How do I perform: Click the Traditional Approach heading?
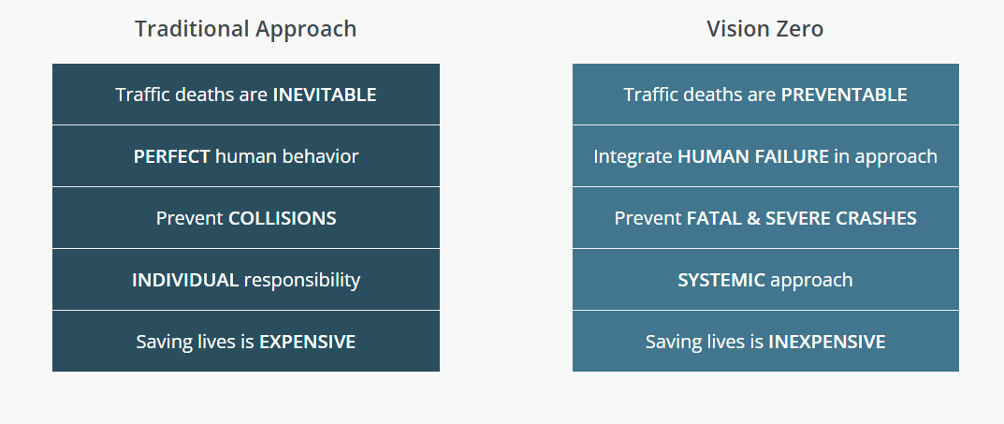pos(245,29)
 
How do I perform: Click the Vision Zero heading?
pos(765,29)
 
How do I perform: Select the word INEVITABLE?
pos(325,95)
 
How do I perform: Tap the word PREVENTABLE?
pos(844,95)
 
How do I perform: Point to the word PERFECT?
pos(171,156)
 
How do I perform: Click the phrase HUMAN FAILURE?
pos(753,156)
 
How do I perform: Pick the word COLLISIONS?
pos(283,218)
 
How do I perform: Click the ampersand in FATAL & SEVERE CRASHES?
pos(753,218)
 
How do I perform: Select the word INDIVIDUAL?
pos(185,280)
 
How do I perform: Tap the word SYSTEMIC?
pos(721,280)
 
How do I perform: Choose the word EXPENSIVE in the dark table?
pos(307,342)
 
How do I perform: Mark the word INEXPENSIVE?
pos(826,342)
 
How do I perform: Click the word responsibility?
pos(302,281)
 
